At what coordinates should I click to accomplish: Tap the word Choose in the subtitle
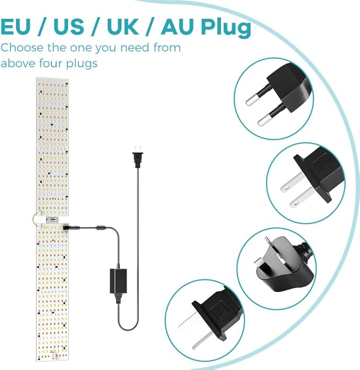(22, 47)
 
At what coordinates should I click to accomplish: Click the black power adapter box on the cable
(118, 281)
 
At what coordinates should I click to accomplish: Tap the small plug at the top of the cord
(138, 157)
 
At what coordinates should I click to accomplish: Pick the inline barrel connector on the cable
(101, 228)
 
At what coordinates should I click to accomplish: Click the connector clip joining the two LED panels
(52, 220)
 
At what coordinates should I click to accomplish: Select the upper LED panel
(52, 146)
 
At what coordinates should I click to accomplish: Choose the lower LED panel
(52, 293)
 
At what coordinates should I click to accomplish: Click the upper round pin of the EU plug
(257, 97)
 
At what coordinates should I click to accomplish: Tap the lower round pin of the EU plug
(269, 116)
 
